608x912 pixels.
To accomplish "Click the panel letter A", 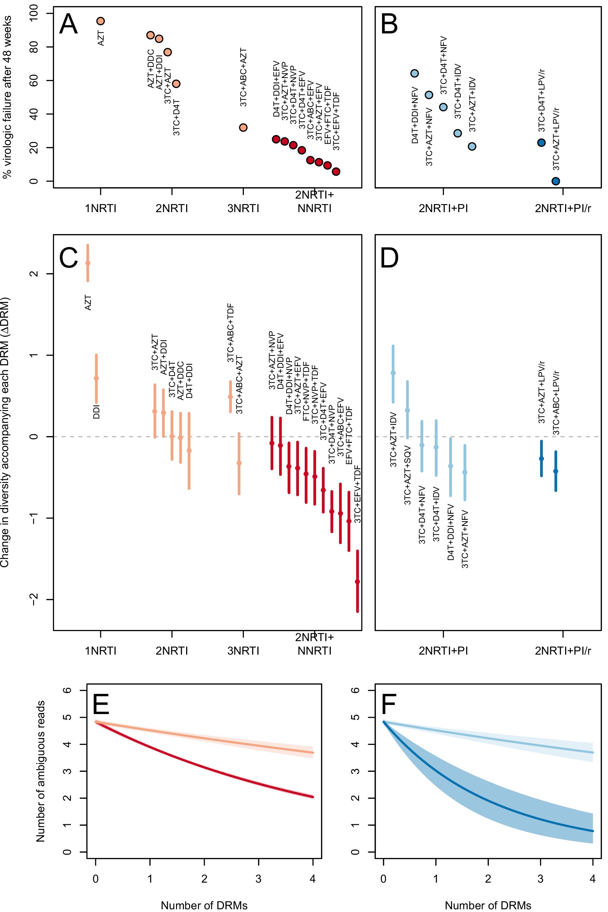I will [68, 24].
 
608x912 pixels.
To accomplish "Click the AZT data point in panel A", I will [100, 21].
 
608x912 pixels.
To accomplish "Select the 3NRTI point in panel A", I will [243, 128].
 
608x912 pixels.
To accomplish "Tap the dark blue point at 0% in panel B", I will [556, 181].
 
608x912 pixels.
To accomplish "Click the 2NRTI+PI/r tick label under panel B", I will [563, 209].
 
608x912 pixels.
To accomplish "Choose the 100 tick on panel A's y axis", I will [34, 14].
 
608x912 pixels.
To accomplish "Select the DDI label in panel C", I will [97, 411].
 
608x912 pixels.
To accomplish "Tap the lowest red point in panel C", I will [357, 582].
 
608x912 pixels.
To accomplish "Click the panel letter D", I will [389, 259].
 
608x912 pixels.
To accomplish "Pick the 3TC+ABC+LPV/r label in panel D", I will [556, 403].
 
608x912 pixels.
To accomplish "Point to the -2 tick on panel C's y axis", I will [34, 600].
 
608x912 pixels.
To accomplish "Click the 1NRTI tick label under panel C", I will [100, 651].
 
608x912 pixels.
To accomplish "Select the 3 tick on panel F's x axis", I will [540, 879].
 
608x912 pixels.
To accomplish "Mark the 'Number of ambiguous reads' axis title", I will [40, 771].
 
